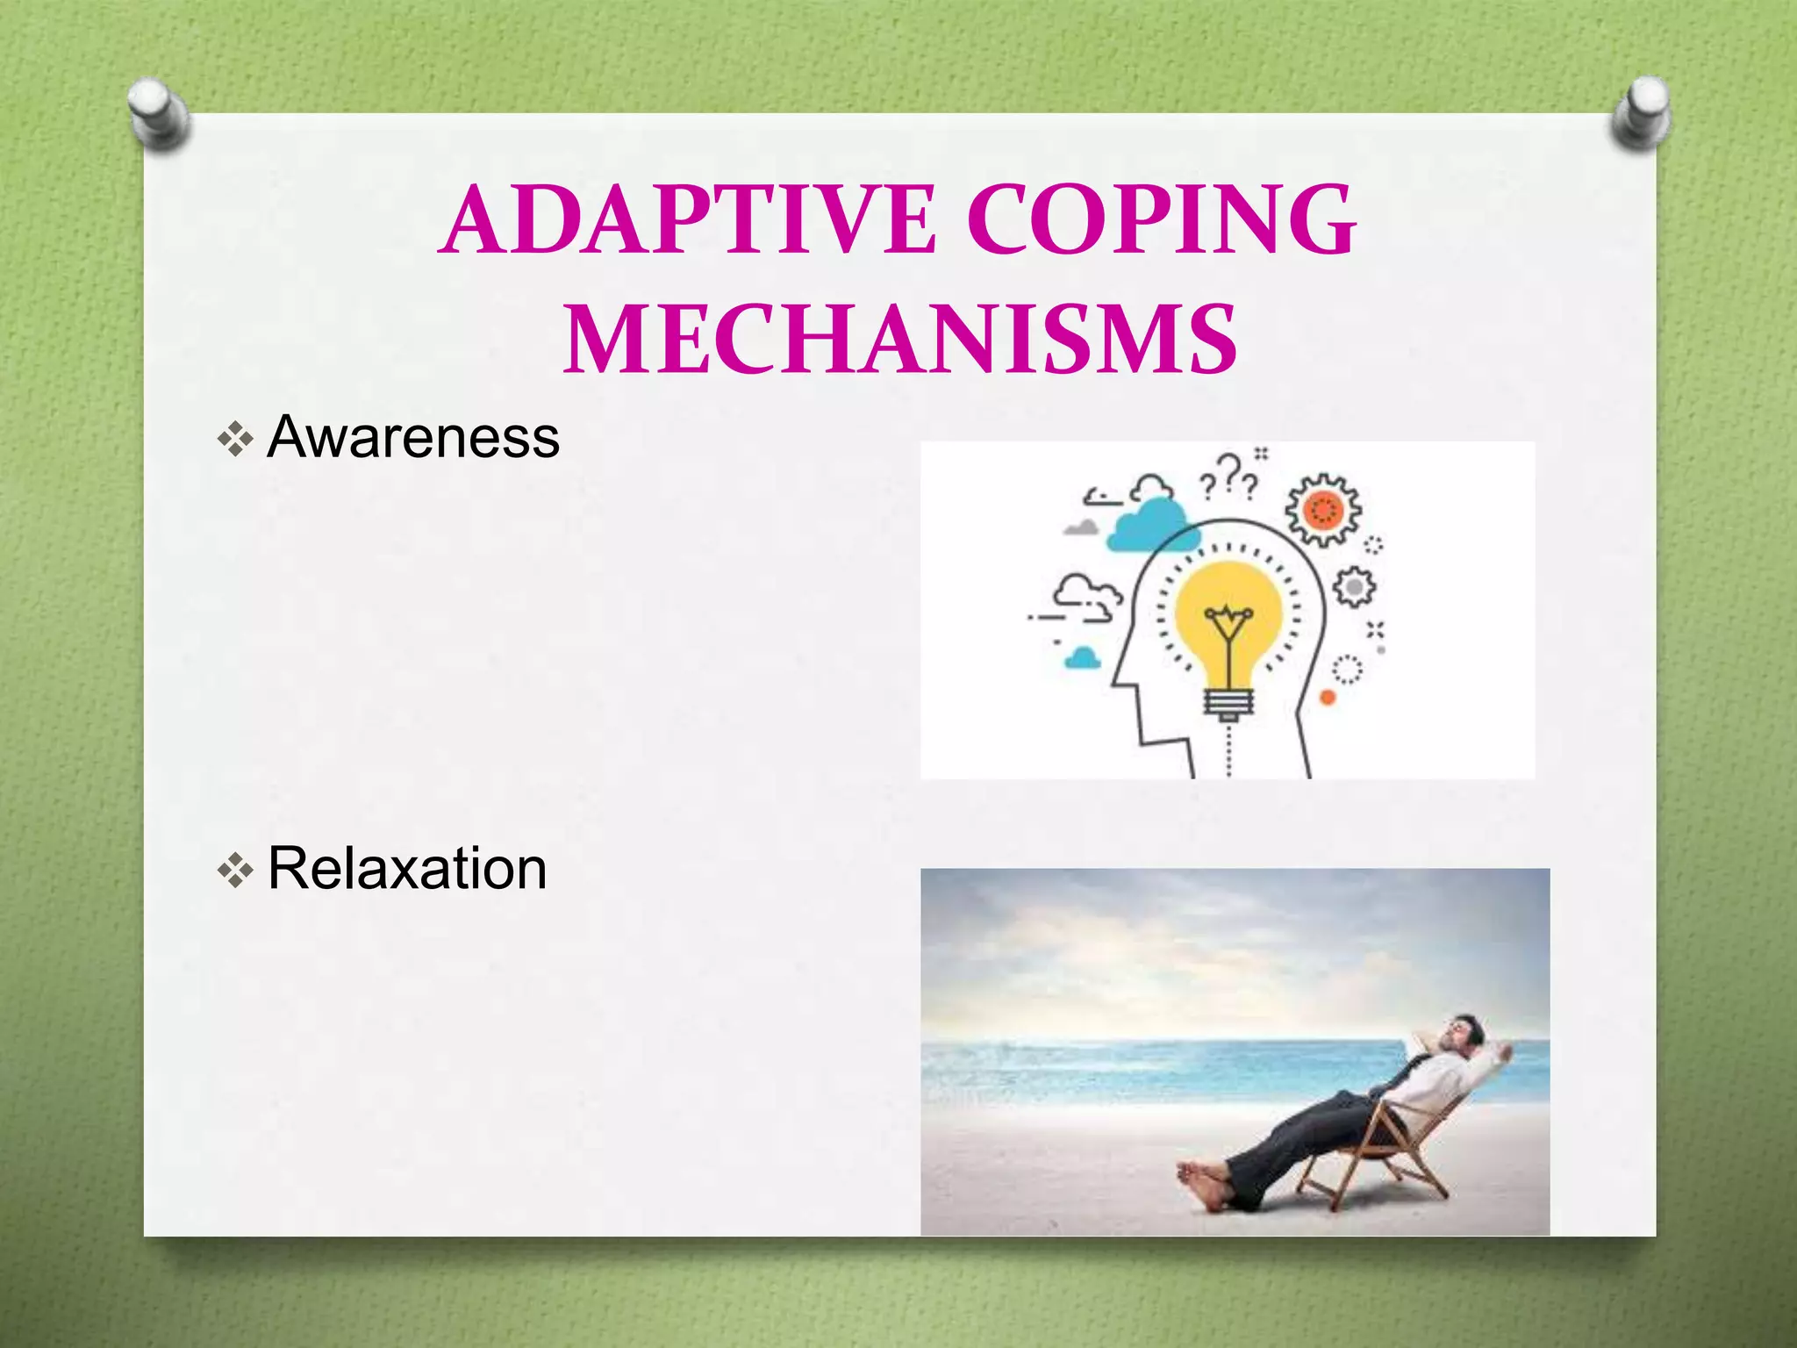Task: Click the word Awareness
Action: [x=413, y=436]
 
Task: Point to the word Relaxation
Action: [x=407, y=869]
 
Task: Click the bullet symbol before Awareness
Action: [x=235, y=438]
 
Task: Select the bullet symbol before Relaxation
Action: [x=235, y=871]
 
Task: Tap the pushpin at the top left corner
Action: [x=158, y=112]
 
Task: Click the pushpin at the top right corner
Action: [x=1641, y=112]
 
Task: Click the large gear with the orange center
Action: [x=1323, y=510]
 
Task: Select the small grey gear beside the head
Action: [x=1354, y=586]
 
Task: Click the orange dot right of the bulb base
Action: [x=1328, y=698]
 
